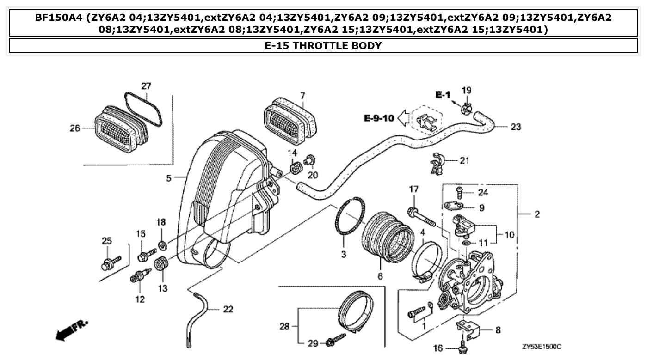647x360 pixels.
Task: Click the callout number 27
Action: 146,86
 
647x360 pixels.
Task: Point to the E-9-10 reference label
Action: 378,118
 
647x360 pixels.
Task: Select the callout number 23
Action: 516,127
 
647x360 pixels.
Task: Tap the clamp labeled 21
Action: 437,163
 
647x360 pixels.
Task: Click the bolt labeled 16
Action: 463,345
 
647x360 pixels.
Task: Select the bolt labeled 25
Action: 109,264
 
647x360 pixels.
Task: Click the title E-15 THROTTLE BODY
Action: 323,45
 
